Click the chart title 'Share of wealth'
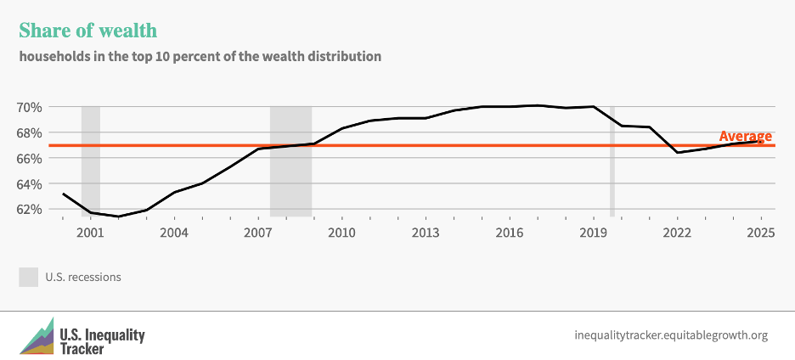click(87, 31)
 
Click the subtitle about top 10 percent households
click(200, 57)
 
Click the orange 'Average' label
click(745, 136)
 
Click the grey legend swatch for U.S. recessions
click(29, 277)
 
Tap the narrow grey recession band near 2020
click(612, 161)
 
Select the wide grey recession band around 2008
click(291, 161)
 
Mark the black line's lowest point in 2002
click(119, 217)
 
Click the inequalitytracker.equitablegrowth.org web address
click(671, 335)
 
